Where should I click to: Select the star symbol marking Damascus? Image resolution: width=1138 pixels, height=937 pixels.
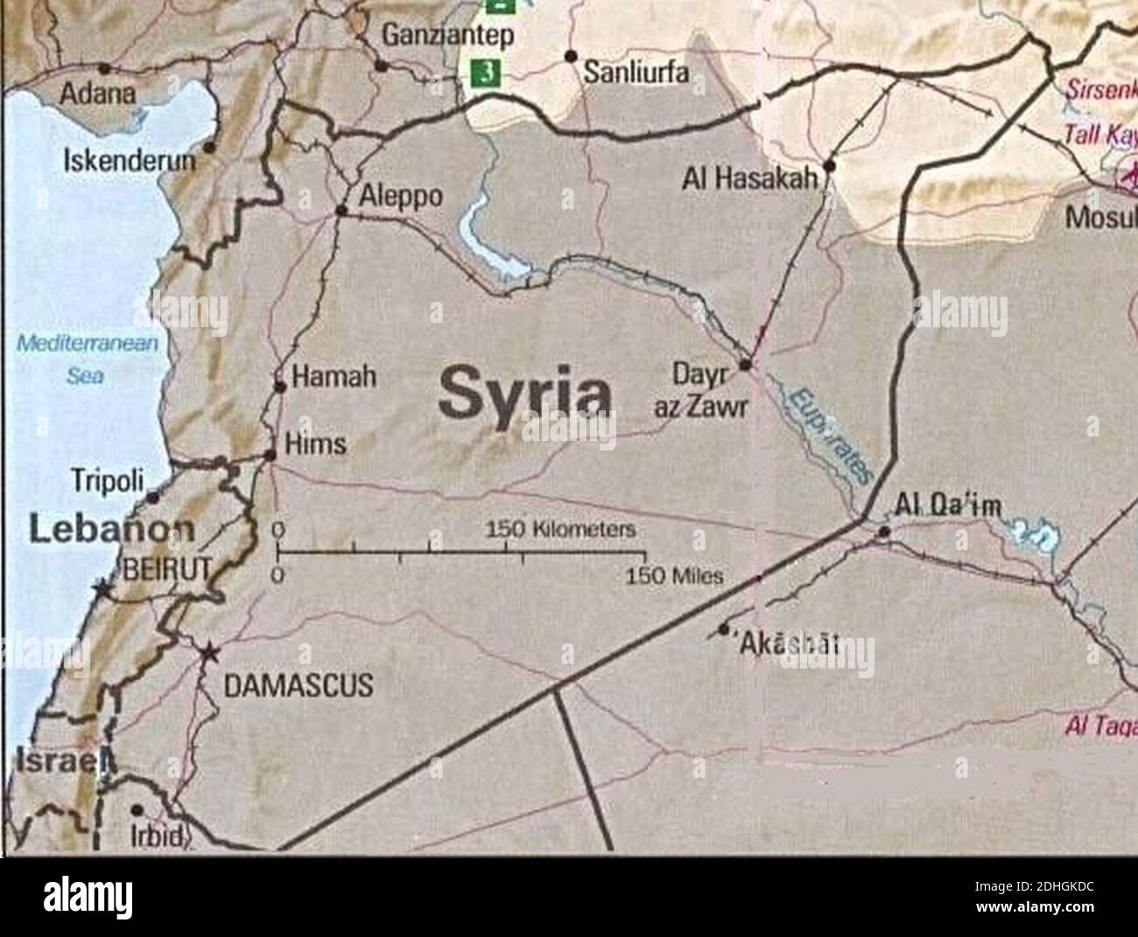coord(209,653)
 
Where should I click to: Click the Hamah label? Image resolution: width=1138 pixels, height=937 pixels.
coord(333,377)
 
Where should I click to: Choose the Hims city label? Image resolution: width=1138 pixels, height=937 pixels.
coord(316,444)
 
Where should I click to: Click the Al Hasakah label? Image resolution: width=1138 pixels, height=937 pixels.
coord(751,180)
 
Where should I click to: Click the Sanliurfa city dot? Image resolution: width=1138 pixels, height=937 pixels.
coord(571,56)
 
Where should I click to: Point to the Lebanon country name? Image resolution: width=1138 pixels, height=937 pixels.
coord(112,529)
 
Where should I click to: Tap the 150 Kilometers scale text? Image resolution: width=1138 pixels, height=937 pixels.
coord(560,530)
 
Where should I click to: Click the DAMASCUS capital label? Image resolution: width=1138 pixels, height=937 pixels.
coord(299,684)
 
